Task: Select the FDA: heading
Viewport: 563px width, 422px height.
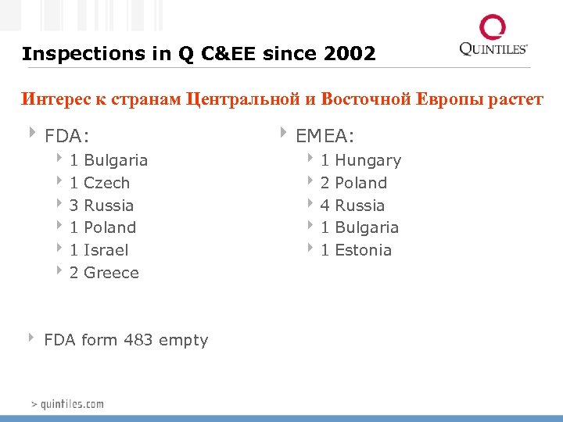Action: click(63, 137)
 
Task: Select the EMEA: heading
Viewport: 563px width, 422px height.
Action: click(325, 137)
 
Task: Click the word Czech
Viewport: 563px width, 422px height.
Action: click(106, 183)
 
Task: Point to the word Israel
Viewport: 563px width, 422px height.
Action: click(106, 250)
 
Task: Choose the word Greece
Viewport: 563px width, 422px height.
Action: click(111, 273)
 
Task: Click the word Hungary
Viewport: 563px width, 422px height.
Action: click(368, 161)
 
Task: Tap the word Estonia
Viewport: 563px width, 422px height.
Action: click(363, 250)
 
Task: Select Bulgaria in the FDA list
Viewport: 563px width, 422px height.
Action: click(115, 160)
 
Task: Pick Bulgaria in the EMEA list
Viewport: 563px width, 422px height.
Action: click(366, 227)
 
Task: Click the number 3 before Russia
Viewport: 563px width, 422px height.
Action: click(74, 206)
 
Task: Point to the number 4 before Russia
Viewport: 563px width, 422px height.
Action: click(325, 206)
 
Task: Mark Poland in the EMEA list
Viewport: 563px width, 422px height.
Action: click(360, 183)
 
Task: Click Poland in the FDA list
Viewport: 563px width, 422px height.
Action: click(109, 227)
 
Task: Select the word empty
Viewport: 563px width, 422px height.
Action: click(183, 341)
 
